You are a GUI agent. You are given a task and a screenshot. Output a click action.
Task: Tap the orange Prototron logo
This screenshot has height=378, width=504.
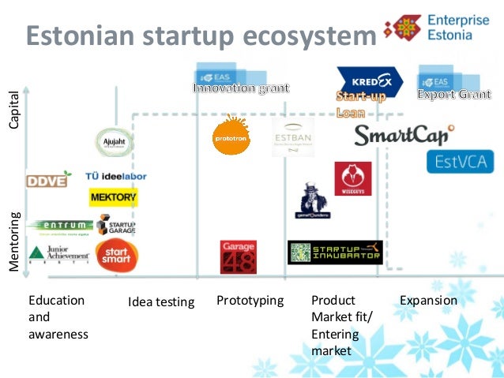231,134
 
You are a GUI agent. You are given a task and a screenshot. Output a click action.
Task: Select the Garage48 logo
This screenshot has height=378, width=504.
238,256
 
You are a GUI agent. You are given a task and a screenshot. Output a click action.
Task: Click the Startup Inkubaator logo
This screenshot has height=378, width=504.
334,253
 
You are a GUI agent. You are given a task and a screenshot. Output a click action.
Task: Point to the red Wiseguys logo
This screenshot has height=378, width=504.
352,178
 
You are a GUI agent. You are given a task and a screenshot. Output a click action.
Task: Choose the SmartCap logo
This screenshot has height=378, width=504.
404,135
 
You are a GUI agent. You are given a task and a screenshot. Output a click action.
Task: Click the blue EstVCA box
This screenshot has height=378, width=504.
460,162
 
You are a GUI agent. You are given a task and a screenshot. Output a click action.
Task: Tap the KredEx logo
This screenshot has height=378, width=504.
369,80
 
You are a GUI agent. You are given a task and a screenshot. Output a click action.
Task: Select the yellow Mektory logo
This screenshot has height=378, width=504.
114,196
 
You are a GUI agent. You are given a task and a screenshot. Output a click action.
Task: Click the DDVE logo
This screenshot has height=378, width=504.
47,180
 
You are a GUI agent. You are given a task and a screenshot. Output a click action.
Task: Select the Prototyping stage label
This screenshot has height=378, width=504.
250,301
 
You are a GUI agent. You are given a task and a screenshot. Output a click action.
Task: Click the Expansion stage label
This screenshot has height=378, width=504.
428,301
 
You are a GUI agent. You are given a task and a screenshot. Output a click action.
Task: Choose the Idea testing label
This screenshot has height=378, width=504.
161,301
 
